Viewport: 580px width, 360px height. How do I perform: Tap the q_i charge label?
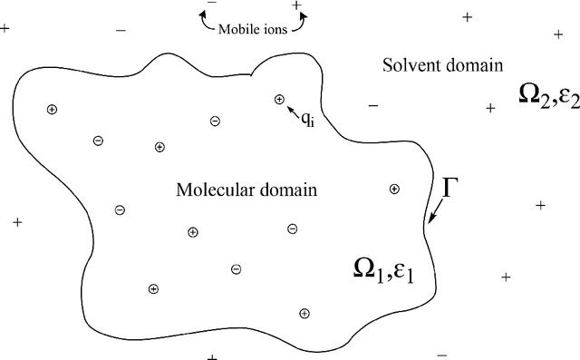[x=308, y=116]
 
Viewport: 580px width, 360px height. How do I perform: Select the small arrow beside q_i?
[x=293, y=109]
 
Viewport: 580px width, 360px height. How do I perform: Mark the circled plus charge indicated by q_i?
[x=279, y=99]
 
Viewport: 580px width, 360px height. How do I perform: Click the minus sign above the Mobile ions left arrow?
[x=212, y=5]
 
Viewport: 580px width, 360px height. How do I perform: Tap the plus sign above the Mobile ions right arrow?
[x=296, y=5]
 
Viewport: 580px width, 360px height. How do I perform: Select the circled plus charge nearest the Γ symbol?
[x=394, y=189]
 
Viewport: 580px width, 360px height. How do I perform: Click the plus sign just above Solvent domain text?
[x=468, y=17]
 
